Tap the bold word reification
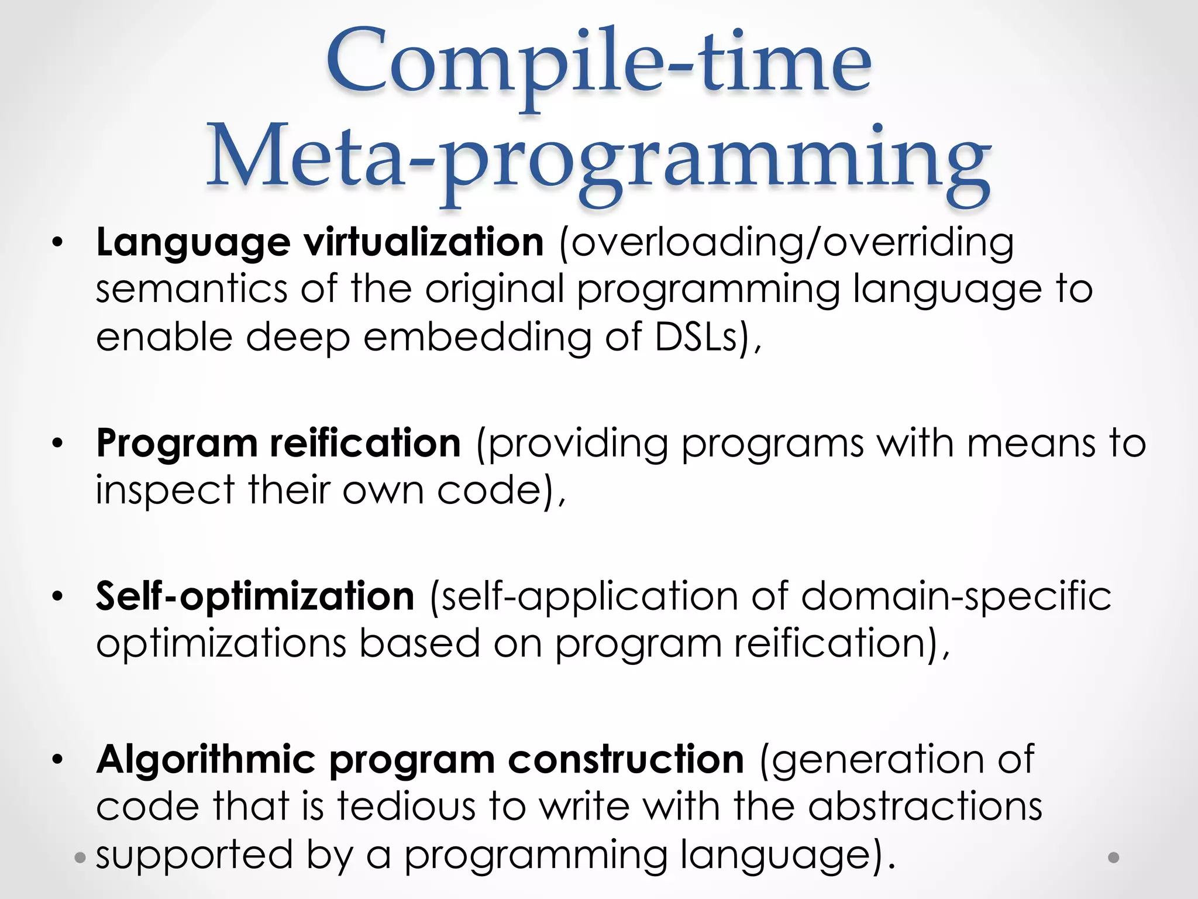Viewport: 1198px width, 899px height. click(x=366, y=443)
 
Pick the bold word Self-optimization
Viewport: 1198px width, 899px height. click(x=255, y=596)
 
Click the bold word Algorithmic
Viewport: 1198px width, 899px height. click(x=206, y=760)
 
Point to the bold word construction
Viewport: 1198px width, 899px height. click(x=626, y=760)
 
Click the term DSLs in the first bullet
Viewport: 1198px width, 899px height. click(x=696, y=337)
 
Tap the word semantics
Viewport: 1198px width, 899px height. click(x=192, y=290)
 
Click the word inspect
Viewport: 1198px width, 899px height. click(x=165, y=490)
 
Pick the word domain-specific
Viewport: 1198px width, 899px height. click(x=956, y=597)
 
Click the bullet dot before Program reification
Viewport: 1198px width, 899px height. click(x=57, y=443)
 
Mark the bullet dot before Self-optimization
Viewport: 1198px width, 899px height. click(x=57, y=596)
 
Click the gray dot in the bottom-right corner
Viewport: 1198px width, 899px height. click(x=1114, y=857)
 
